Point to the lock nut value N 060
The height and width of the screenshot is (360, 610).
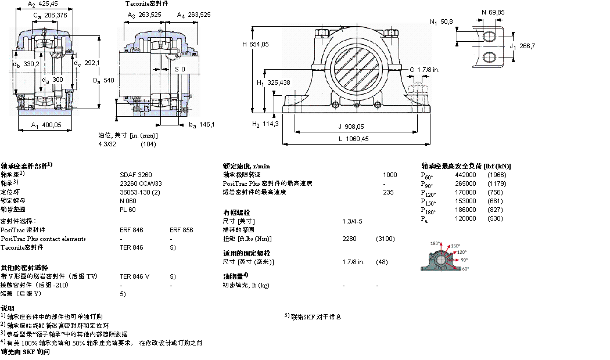(x=128, y=200)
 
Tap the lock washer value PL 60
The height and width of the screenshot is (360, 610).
(x=127, y=209)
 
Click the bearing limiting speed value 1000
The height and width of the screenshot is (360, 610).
(x=390, y=175)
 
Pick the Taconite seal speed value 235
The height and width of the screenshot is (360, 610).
(x=388, y=192)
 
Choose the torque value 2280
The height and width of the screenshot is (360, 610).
(x=350, y=239)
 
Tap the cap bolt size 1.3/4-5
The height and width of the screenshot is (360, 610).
(x=353, y=221)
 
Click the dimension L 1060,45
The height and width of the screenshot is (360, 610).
(x=354, y=139)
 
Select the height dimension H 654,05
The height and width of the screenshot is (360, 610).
(x=256, y=44)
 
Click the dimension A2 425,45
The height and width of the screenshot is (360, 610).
(x=42, y=3)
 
